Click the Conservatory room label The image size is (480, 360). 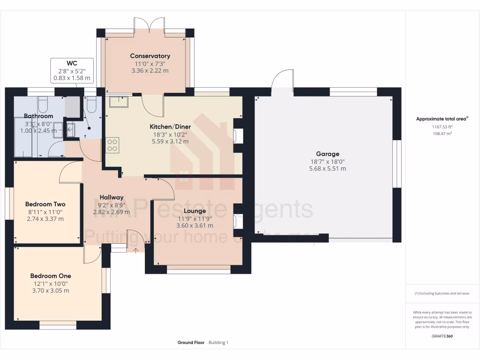pyautogui.click(x=150, y=56)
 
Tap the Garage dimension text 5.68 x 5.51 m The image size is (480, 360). pyautogui.click(x=328, y=169)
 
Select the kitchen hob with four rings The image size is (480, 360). pyautogui.click(x=112, y=145)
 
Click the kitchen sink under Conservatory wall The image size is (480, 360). pyautogui.click(x=119, y=101)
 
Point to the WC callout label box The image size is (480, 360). pyautogui.click(x=72, y=70)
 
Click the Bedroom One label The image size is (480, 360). pyautogui.click(x=51, y=276)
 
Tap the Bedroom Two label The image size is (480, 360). pyautogui.click(x=45, y=204)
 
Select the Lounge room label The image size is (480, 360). pyautogui.click(x=195, y=211)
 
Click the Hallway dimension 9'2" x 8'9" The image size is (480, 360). pyautogui.click(x=111, y=205)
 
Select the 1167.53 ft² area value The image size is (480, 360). pyautogui.click(x=442, y=127)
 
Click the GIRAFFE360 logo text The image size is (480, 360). pyautogui.click(x=442, y=337)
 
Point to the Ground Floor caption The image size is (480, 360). pyautogui.click(x=191, y=343)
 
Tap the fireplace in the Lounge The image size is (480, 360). pyautogui.click(x=238, y=220)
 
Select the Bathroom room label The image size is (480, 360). pyautogui.click(x=38, y=116)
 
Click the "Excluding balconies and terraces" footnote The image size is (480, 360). pyautogui.click(x=442, y=293)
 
